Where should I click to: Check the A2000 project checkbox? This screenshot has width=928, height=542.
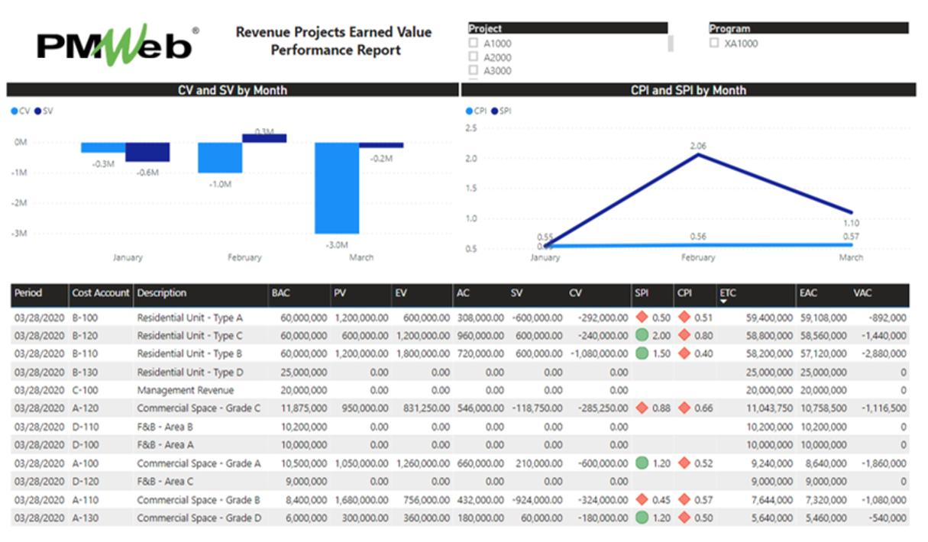pyautogui.click(x=474, y=57)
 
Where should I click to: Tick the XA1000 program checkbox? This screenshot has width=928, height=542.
pyautogui.click(x=714, y=44)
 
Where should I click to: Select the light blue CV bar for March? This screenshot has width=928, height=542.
pyautogui.click(x=337, y=188)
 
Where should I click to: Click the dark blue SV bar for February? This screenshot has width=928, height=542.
pyautogui.click(x=264, y=138)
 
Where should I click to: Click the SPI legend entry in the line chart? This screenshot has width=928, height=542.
pyautogui.click(x=501, y=111)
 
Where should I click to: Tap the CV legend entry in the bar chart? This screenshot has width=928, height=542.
pyautogui.click(x=21, y=111)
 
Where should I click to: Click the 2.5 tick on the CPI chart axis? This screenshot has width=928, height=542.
pyautogui.click(x=470, y=128)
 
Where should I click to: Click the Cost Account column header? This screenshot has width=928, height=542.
pyautogui.click(x=101, y=293)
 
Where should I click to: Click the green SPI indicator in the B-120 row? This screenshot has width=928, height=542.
pyautogui.click(x=642, y=335)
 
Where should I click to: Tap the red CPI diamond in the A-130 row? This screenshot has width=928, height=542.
pyautogui.click(x=684, y=518)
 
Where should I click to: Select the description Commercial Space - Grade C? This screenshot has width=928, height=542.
pyautogui.click(x=199, y=408)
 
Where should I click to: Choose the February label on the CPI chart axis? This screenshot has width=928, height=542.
pyautogui.click(x=697, y=257)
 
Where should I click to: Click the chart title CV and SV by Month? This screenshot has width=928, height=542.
pyautogui.click(x=232, y=90)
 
